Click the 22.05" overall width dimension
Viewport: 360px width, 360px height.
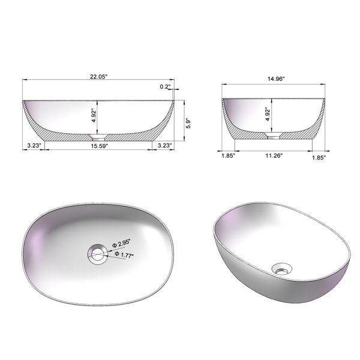pos(99,77)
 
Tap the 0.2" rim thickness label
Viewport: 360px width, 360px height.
pos(166,86)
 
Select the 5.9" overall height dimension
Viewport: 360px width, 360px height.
pos(188,124)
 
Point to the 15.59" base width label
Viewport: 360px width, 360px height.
pos(99,146)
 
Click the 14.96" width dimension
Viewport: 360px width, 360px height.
pos(276,79)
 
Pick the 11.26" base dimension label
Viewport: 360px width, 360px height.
pos(274,155)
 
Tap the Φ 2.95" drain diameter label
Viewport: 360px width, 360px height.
pos(121,244)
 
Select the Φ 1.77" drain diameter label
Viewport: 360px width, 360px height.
pos(124,254)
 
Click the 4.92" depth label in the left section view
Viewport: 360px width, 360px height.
pos(94,115)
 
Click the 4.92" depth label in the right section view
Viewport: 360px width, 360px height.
pos(268,114)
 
